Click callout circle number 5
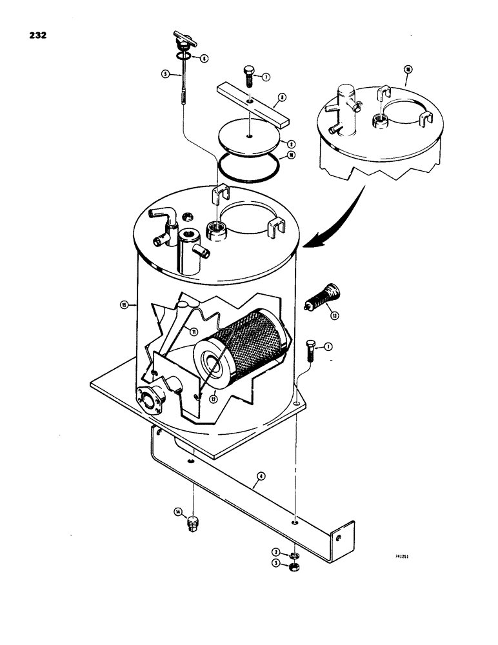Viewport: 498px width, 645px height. [166, 74]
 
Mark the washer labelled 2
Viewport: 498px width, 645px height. [294, 553]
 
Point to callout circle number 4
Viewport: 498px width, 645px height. [261, 478]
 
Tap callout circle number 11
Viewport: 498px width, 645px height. [193, 332]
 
